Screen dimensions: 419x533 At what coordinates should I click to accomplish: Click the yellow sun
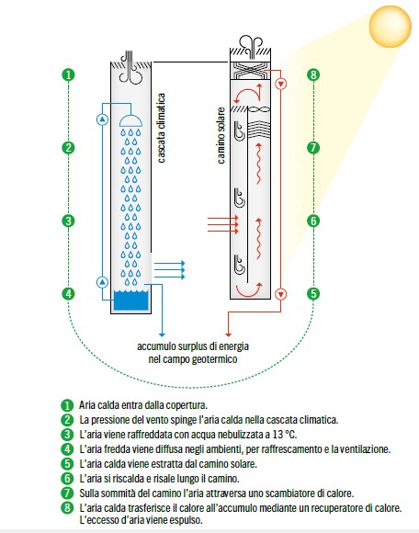point(391,26)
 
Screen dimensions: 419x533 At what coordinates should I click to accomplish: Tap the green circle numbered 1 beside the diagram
point(68,74)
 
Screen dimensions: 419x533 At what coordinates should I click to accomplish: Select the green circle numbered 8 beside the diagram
point(313,74)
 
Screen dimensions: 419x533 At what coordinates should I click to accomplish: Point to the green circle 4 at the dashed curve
point(68,293)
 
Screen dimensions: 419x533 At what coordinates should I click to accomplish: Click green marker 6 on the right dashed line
point(313,221)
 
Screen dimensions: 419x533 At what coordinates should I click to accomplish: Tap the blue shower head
point(130,120)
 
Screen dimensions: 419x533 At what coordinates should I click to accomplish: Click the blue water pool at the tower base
point(130,301)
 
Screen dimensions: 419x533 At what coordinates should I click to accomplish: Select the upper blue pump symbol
point(102,119)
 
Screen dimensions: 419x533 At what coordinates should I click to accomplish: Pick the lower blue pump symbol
point(102,282)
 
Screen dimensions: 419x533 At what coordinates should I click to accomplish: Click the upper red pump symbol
point(280,84)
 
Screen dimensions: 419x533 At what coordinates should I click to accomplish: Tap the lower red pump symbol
point(280,294)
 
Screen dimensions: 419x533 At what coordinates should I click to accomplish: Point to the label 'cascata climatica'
point(162,128)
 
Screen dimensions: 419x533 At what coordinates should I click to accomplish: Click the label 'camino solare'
point(221,136)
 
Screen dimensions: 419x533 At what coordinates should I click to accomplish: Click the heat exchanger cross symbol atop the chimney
point(251,71)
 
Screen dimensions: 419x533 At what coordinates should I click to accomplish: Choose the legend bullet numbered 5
point(67,464)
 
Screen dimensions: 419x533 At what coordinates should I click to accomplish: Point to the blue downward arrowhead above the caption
point(162,335)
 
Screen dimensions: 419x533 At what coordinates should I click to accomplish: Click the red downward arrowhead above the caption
point(229,335)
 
